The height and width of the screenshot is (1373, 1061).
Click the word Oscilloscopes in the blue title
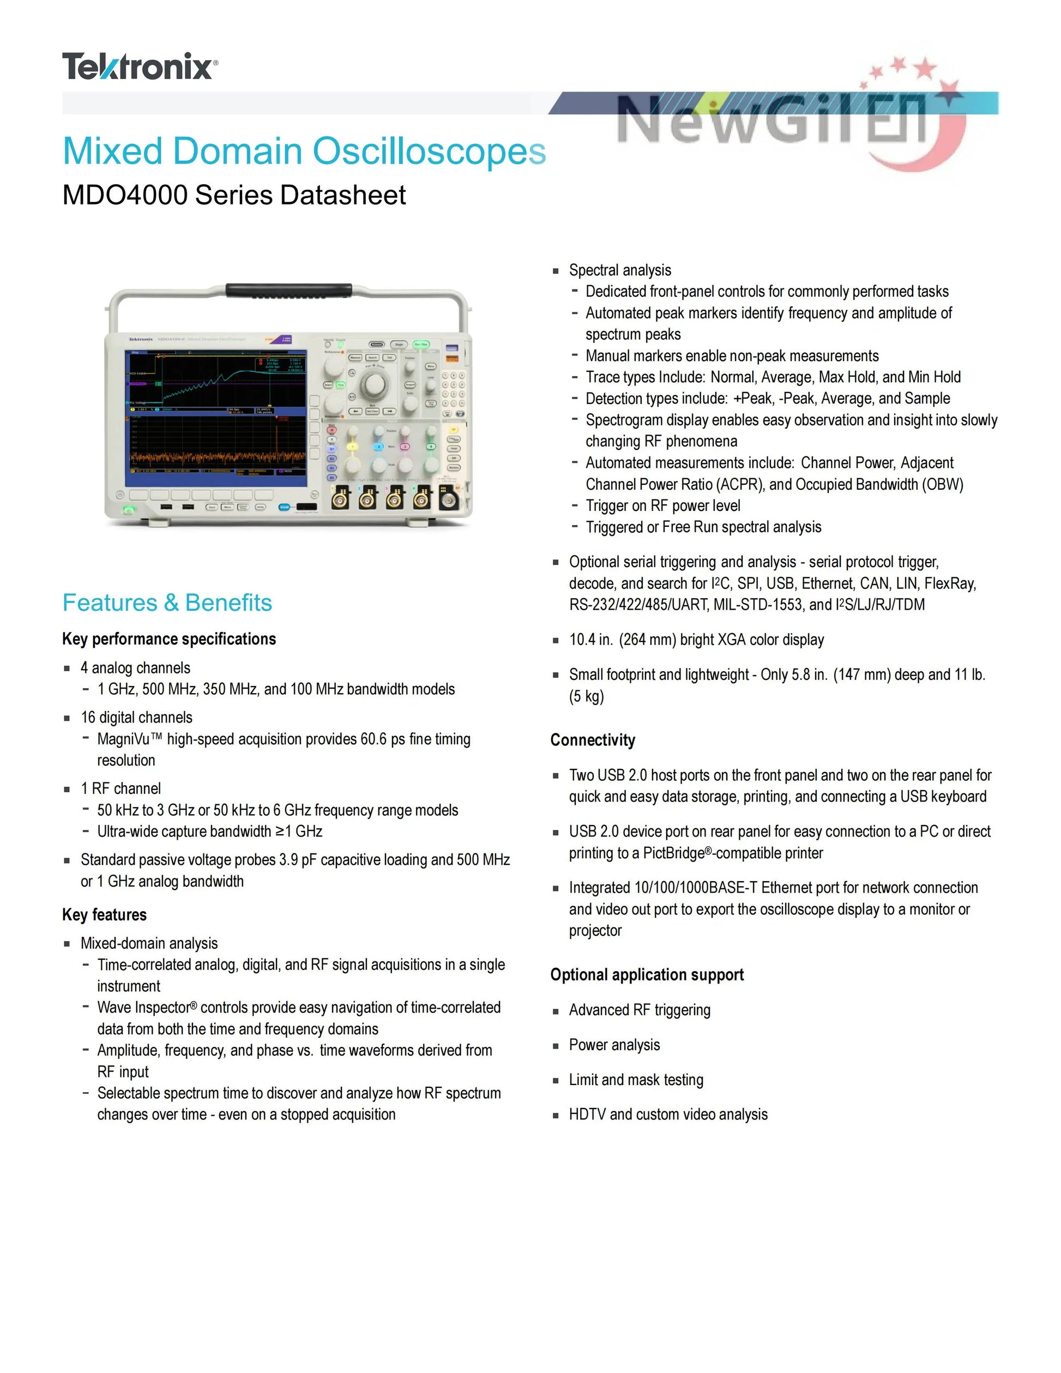429,152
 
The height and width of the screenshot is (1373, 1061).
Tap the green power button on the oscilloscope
129,510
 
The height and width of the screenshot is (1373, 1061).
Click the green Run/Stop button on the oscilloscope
420,345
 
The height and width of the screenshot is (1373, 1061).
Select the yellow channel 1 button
353,447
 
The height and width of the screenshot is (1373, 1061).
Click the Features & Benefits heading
167,603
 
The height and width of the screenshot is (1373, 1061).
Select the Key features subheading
104,915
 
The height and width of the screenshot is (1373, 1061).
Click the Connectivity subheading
593,740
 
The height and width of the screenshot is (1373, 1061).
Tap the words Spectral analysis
620,270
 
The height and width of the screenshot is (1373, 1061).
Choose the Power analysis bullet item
614,1045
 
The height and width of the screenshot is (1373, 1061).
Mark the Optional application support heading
647,975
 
